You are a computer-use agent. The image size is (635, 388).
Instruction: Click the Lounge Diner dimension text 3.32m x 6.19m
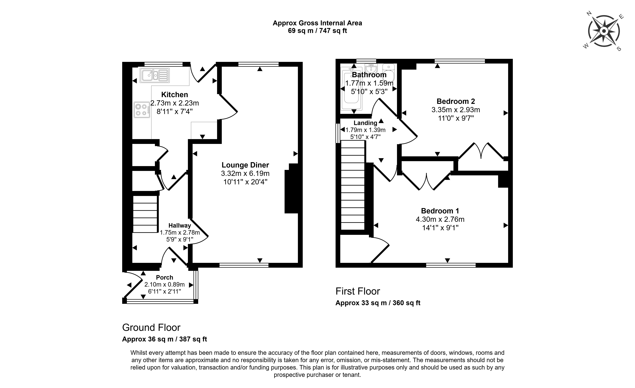tap(245, 173)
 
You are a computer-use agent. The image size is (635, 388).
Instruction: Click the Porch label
tap(164, 277)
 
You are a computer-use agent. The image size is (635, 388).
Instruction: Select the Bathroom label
tap(369, 75)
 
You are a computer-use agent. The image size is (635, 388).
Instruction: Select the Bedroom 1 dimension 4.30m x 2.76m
tap(440, 219)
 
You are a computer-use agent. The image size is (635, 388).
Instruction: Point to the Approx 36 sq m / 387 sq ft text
tap(164, 339)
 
